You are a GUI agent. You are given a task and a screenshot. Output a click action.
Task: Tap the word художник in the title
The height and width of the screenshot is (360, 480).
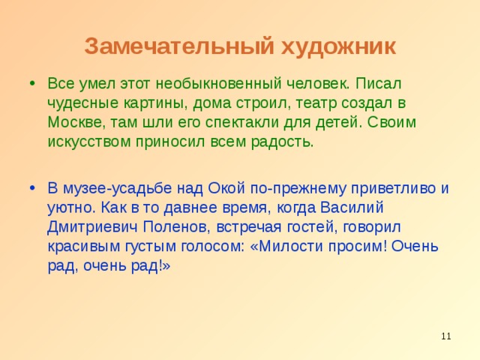(337, 46)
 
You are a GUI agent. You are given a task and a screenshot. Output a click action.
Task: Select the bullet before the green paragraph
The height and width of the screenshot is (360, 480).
(28, 81)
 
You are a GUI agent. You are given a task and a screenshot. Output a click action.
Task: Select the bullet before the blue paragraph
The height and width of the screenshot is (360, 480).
(28, 187)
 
